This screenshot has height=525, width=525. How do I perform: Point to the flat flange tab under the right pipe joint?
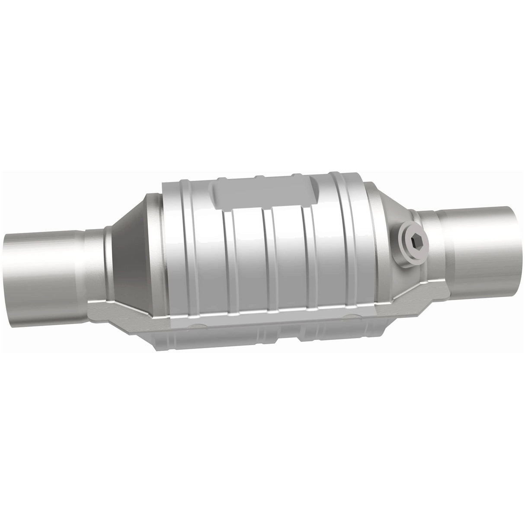tap(432, 294)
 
